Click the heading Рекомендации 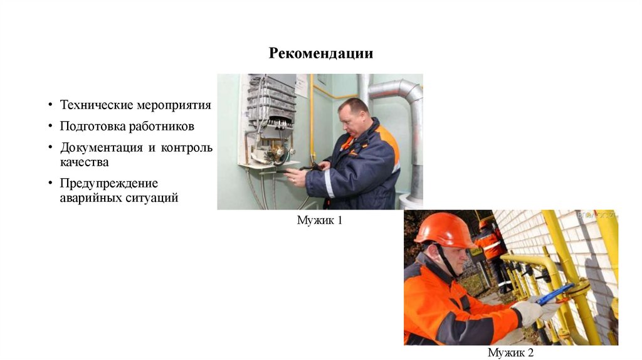click(320, 53)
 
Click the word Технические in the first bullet click(96, 105)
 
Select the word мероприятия click(174, 105)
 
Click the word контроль click(187, 147)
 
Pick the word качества click(85, 162)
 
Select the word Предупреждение click(109, 183)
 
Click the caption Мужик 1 click(319, 220)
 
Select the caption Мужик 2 click(510, 352)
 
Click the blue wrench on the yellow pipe click(555, 294)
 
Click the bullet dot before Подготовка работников click(50, 125)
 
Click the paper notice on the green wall click(302, 85)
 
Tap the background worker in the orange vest click(492, 254)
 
